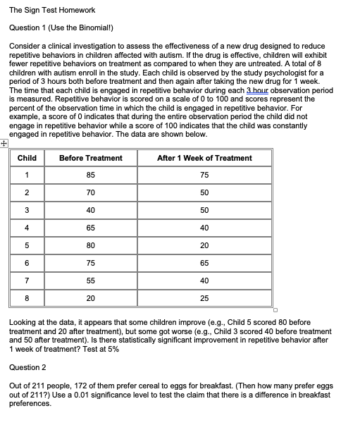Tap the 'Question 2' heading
coord(27,367)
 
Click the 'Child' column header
coord(27,158)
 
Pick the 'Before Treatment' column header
coord(91,158)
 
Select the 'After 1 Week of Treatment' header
coord(204,158)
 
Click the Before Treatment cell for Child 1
coord(91,175)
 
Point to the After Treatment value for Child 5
coord(204,245)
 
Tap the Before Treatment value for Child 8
coord(91,297)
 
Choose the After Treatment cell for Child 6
coord(204,262)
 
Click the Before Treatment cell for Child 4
coord(91,228)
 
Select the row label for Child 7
coord(27,280)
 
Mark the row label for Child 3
coord(27,210)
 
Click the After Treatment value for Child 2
coord(204,192)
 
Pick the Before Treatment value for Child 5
coord(91,245)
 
